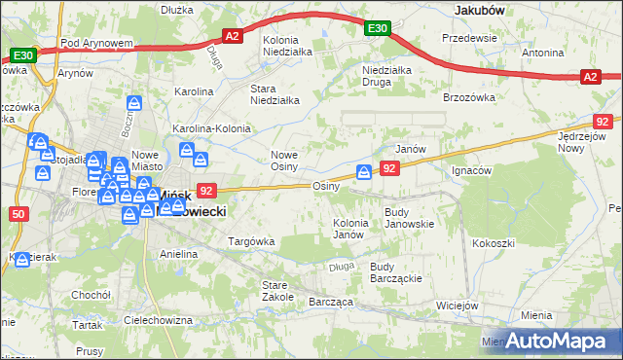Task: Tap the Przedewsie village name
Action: (x=469, y=37)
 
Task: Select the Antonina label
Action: (x=543, y=52)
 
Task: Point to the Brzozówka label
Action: (x=469, y=98)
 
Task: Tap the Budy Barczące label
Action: (x=395, y=271)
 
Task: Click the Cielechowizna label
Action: (x=158, y=319)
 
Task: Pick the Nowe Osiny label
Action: (x=290, y=161)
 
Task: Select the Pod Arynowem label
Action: (x=95, y=44)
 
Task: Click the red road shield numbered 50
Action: (x=19, y=213)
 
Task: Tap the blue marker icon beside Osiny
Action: (x=364, y=172)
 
